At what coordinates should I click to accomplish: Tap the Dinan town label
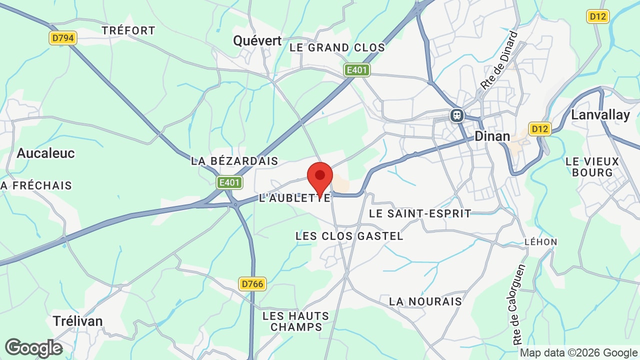tap(492, 136)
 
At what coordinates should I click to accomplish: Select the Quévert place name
tap(257, 40)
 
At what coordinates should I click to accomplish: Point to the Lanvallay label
tap(600, 114)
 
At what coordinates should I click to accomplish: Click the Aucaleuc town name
tap(45, 153)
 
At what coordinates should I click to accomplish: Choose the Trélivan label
tap(77, 320)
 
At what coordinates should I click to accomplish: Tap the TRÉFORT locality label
tap(128, 30)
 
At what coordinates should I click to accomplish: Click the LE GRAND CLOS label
tap(337, 47)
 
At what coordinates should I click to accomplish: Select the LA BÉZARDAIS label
tap(234, 161)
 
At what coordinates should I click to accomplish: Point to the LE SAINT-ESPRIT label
tap(420, 213)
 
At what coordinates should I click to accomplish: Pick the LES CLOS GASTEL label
tap(349, 235)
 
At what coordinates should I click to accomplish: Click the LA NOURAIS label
tap(425, 301)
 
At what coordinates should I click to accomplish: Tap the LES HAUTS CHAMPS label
tap(295, 321)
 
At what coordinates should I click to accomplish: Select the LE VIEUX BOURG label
tap(592, 167)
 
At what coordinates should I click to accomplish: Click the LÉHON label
tap(540, 242)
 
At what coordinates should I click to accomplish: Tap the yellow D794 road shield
tap(63, 38)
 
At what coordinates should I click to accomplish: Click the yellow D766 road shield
tap(252, 284)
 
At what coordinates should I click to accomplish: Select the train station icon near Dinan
tap(457, 115)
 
